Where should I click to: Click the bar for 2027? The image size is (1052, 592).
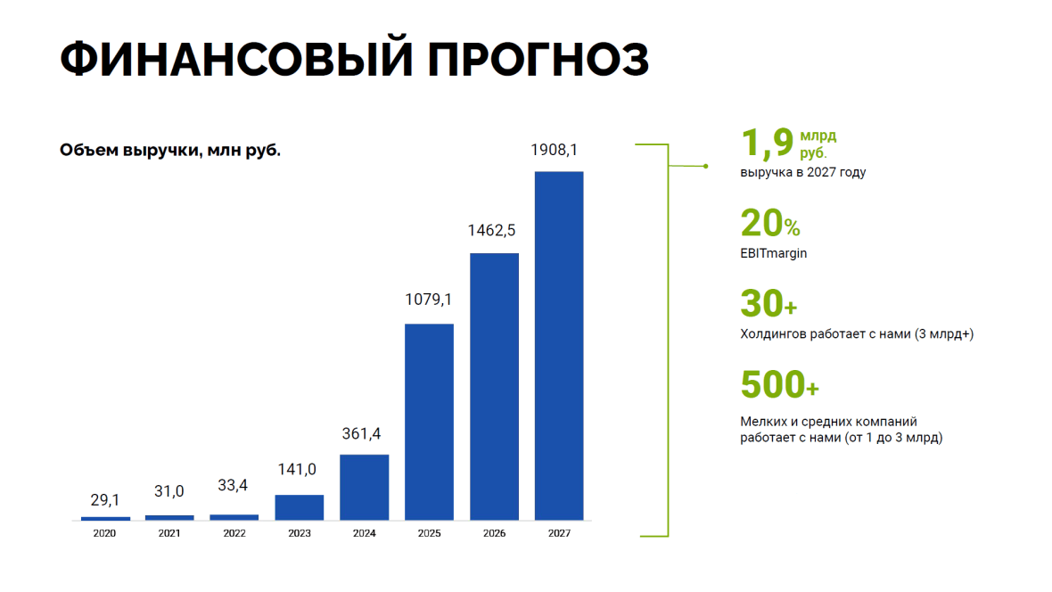[x=559, y=346]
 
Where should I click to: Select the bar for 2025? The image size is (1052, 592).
[x=430, y=423]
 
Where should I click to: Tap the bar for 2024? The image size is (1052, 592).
[x=365, y=488]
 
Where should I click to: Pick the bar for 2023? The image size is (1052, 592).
[x=300, y=507]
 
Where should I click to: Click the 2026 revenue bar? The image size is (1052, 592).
[x=495, y=387]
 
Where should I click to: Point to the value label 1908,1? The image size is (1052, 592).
[x=555, y=150]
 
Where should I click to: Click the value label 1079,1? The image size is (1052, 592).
[x=428, y=300]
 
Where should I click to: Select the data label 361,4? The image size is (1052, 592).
[x=362, y=433]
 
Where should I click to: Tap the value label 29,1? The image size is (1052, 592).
[x=105, y=500]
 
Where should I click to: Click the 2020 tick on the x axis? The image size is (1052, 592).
[x=104, y=533]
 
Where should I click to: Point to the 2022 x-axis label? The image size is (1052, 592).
[x=234, y=533]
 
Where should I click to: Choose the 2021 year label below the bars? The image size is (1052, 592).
[x=169, y=533]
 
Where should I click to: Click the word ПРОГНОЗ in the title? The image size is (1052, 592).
[x=538, y=59]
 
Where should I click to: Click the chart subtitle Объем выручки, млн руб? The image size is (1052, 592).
[x=170, y=151]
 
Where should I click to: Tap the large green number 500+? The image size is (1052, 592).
[x=779, y=384]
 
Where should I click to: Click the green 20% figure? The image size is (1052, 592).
[x=770, y=224]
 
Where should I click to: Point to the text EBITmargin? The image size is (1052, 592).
[x=774, y=254]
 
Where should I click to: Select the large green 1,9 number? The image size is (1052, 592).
[x=767, y=143]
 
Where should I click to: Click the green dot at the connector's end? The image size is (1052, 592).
[x=706, y=167]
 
